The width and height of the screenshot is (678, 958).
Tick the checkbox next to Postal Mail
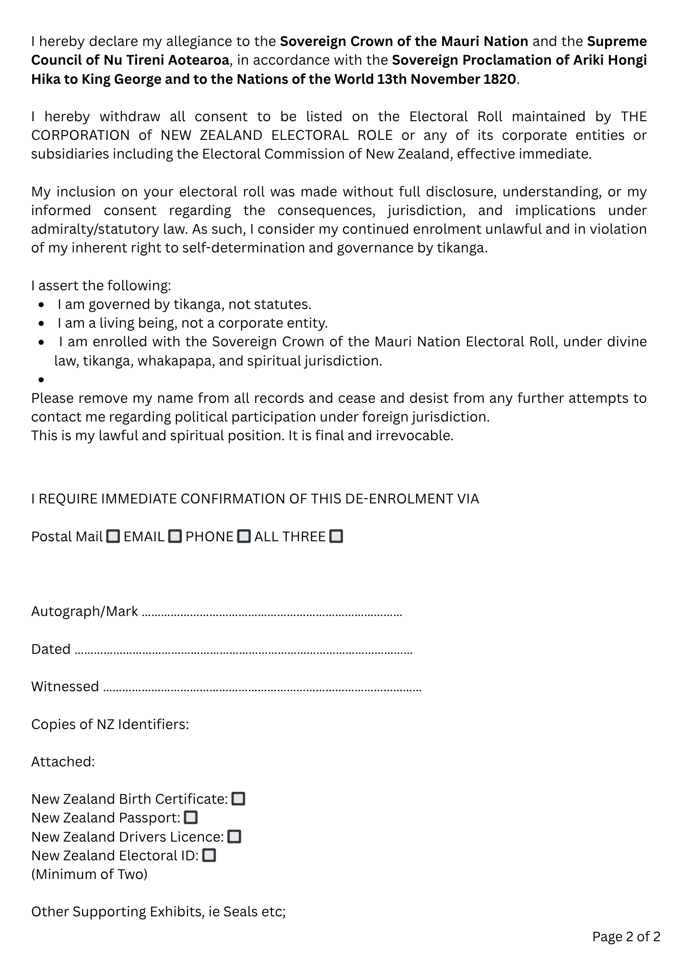point(113,536)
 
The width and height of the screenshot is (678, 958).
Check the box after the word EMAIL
point(175,536)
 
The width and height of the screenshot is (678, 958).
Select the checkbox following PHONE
point(244,536)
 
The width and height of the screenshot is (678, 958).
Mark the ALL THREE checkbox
point(337,536)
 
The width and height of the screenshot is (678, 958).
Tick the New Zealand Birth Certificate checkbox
point(238,799)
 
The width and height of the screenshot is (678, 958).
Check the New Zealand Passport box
point(191,818)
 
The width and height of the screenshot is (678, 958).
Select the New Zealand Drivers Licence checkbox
point(234,837)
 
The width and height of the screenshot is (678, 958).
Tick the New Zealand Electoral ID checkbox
point(210,855)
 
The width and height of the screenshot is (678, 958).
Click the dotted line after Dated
point(244,650)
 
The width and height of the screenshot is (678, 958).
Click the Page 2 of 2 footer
point(626,936)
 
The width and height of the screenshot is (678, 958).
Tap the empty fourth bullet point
point(42,380)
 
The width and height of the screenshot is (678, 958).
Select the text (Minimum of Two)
point(89,874)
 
